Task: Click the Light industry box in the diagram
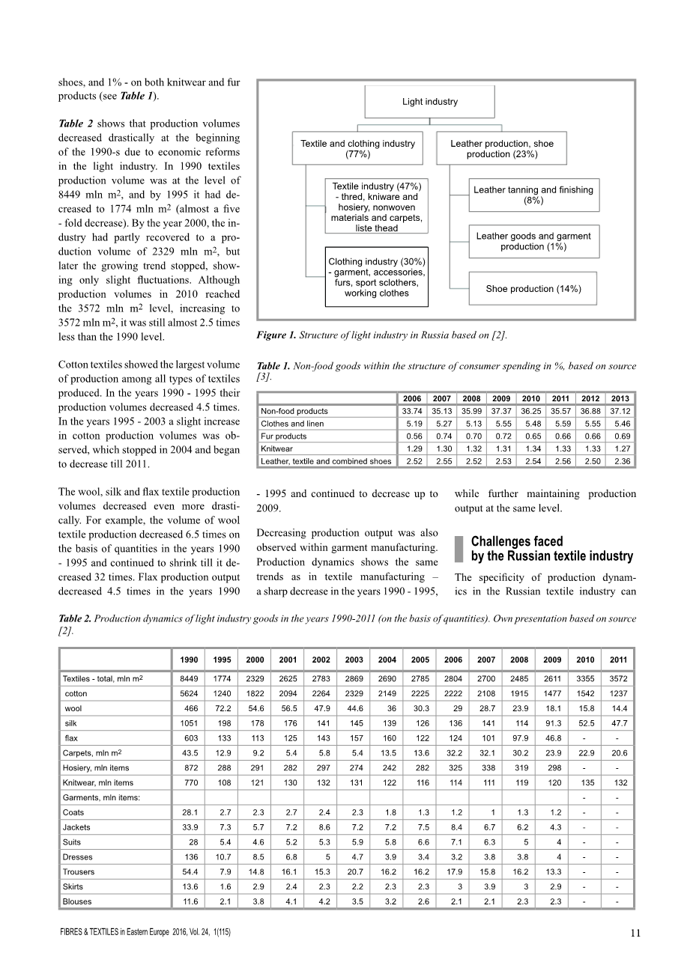coord(429,102)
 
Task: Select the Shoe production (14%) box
coord(533,289)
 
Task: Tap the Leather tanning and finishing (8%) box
coord(533,195)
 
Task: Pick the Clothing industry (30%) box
coord(377,277)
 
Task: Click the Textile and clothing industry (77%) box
coord(357,149)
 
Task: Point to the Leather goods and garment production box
coord(533,241)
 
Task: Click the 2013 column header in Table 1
coord(620,398)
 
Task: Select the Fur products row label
coord(283,436)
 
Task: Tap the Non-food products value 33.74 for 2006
coord(411,411)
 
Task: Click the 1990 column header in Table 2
coord(189,660)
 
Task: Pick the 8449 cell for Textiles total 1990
coord(189,678)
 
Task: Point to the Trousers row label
coord(79,872)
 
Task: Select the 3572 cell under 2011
coord(618,678)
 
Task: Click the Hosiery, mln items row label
coord(96,768)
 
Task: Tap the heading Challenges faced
coord(517,541)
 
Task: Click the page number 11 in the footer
coord(635,933)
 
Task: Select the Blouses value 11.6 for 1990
coord(189,902)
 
